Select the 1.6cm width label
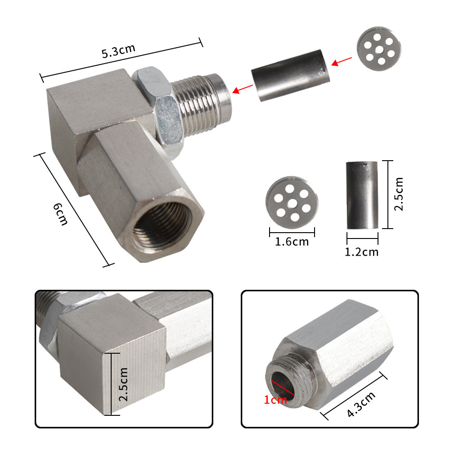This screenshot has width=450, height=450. pyautogui.click(x=292, y=242)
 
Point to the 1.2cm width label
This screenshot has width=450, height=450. pyautogui.click(x=362, y=251)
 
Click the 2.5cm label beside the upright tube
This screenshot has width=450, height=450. pyautogui.click(x=398, y=194)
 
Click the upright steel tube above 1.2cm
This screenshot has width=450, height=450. pyautogui.click(x=362, y=195)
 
